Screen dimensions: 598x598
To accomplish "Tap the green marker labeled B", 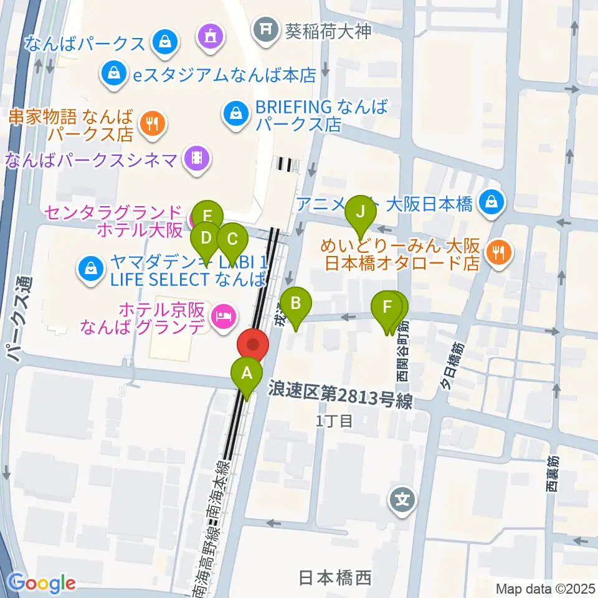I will [297, 303].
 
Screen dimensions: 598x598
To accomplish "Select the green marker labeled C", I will [232, 239].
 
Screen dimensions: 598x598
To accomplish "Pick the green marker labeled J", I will [360, 212].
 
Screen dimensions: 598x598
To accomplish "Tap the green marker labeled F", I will [387, 306].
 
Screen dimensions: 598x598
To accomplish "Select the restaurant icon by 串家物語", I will [151, 123].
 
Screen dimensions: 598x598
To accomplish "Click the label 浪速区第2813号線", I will [341, 396].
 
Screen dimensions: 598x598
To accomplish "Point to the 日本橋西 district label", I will [335, 577].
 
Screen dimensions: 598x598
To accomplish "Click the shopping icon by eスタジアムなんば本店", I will [114, 73].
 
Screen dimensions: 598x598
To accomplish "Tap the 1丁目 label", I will [335, 421].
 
